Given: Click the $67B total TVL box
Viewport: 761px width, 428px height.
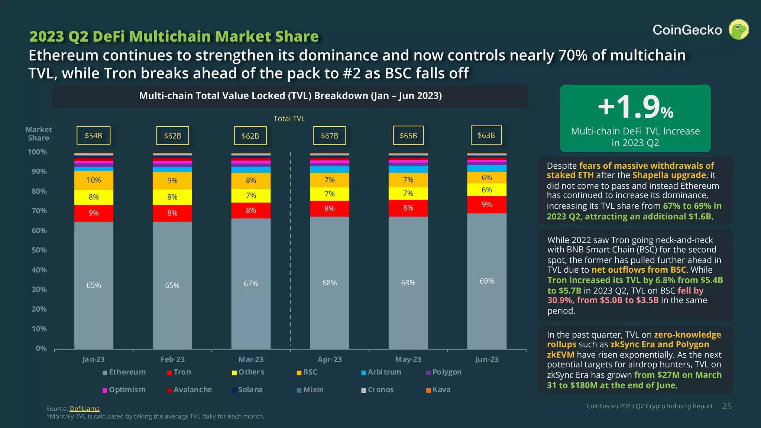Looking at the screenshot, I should tap(330, 136).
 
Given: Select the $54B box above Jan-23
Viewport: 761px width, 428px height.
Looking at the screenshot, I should tap(93, 136).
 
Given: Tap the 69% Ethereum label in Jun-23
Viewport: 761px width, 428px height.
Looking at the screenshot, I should tap(487, 281).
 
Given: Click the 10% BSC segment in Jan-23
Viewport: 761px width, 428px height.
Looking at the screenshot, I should tap(94, 180).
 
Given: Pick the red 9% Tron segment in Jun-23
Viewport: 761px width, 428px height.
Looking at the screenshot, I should tap(487, 205).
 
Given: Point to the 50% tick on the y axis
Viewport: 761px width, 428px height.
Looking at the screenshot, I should tap(39, 250).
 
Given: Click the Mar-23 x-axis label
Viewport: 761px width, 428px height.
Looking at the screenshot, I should tap(251, 359).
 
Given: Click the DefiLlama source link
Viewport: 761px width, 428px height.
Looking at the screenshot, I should tap(85, 409).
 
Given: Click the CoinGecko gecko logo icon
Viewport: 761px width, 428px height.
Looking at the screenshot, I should tap(739, 30).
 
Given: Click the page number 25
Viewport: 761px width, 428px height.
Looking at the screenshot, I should tap(727, 406).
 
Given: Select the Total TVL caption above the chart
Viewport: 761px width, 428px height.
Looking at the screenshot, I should tap(289, 119).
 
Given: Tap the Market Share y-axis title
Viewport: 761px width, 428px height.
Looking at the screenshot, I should tap(39, 134).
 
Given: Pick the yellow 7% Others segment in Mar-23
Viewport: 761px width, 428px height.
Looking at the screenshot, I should tap(251, 195).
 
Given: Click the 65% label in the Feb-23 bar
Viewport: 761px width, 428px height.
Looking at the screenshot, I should tap(172, 285).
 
